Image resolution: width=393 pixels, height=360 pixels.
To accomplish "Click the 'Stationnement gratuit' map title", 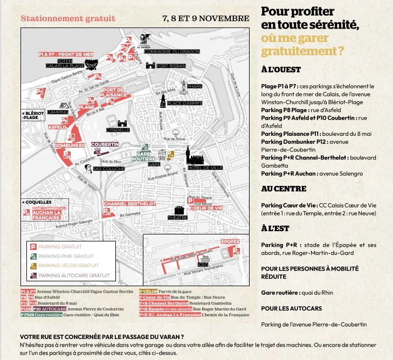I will pos(68,18).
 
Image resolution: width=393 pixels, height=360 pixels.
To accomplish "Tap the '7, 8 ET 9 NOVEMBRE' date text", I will pos(205,18).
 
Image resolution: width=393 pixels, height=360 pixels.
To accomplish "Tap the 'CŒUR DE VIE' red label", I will pos(206,207).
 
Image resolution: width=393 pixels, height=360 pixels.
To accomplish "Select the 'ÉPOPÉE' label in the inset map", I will pos(230,241).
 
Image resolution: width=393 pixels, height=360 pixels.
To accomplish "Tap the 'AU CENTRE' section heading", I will pos(284,189).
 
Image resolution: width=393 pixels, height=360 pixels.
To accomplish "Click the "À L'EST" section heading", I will pos(275,229).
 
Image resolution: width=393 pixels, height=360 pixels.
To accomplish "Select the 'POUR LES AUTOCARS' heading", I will pos(292,308).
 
